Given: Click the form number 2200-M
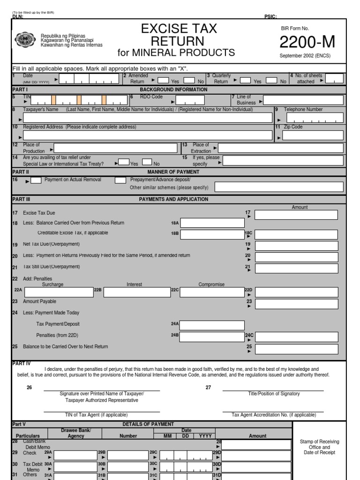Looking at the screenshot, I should [307, 42].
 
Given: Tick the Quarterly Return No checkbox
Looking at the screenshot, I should [271, 80].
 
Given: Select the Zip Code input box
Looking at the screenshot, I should [313, 136].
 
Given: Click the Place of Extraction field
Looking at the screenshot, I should [281, 149].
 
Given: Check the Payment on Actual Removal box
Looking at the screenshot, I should [36, 180].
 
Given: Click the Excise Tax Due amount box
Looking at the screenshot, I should [296, 215].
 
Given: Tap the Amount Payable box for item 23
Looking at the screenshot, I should [296, 304].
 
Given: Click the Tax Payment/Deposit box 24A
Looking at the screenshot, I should [212, 325].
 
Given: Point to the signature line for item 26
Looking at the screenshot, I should [101, 389].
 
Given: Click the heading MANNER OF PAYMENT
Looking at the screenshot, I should [173, 172].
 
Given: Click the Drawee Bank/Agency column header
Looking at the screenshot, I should [76, 433].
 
